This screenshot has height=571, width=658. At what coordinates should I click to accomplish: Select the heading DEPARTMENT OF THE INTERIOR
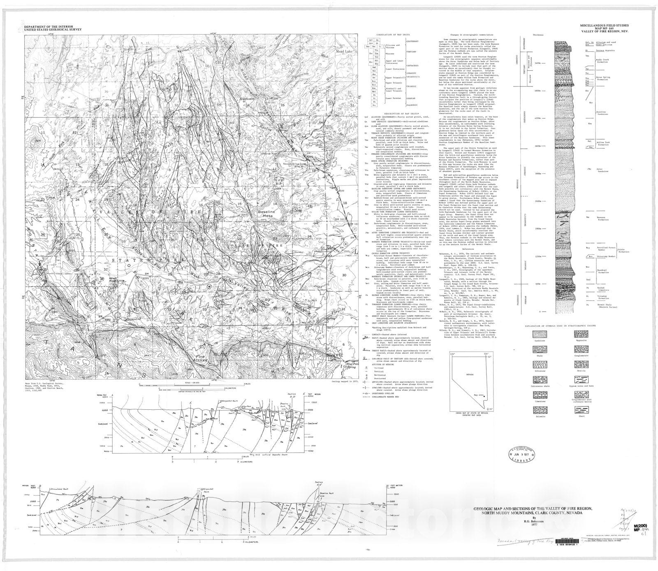click(x=53, y=26)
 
